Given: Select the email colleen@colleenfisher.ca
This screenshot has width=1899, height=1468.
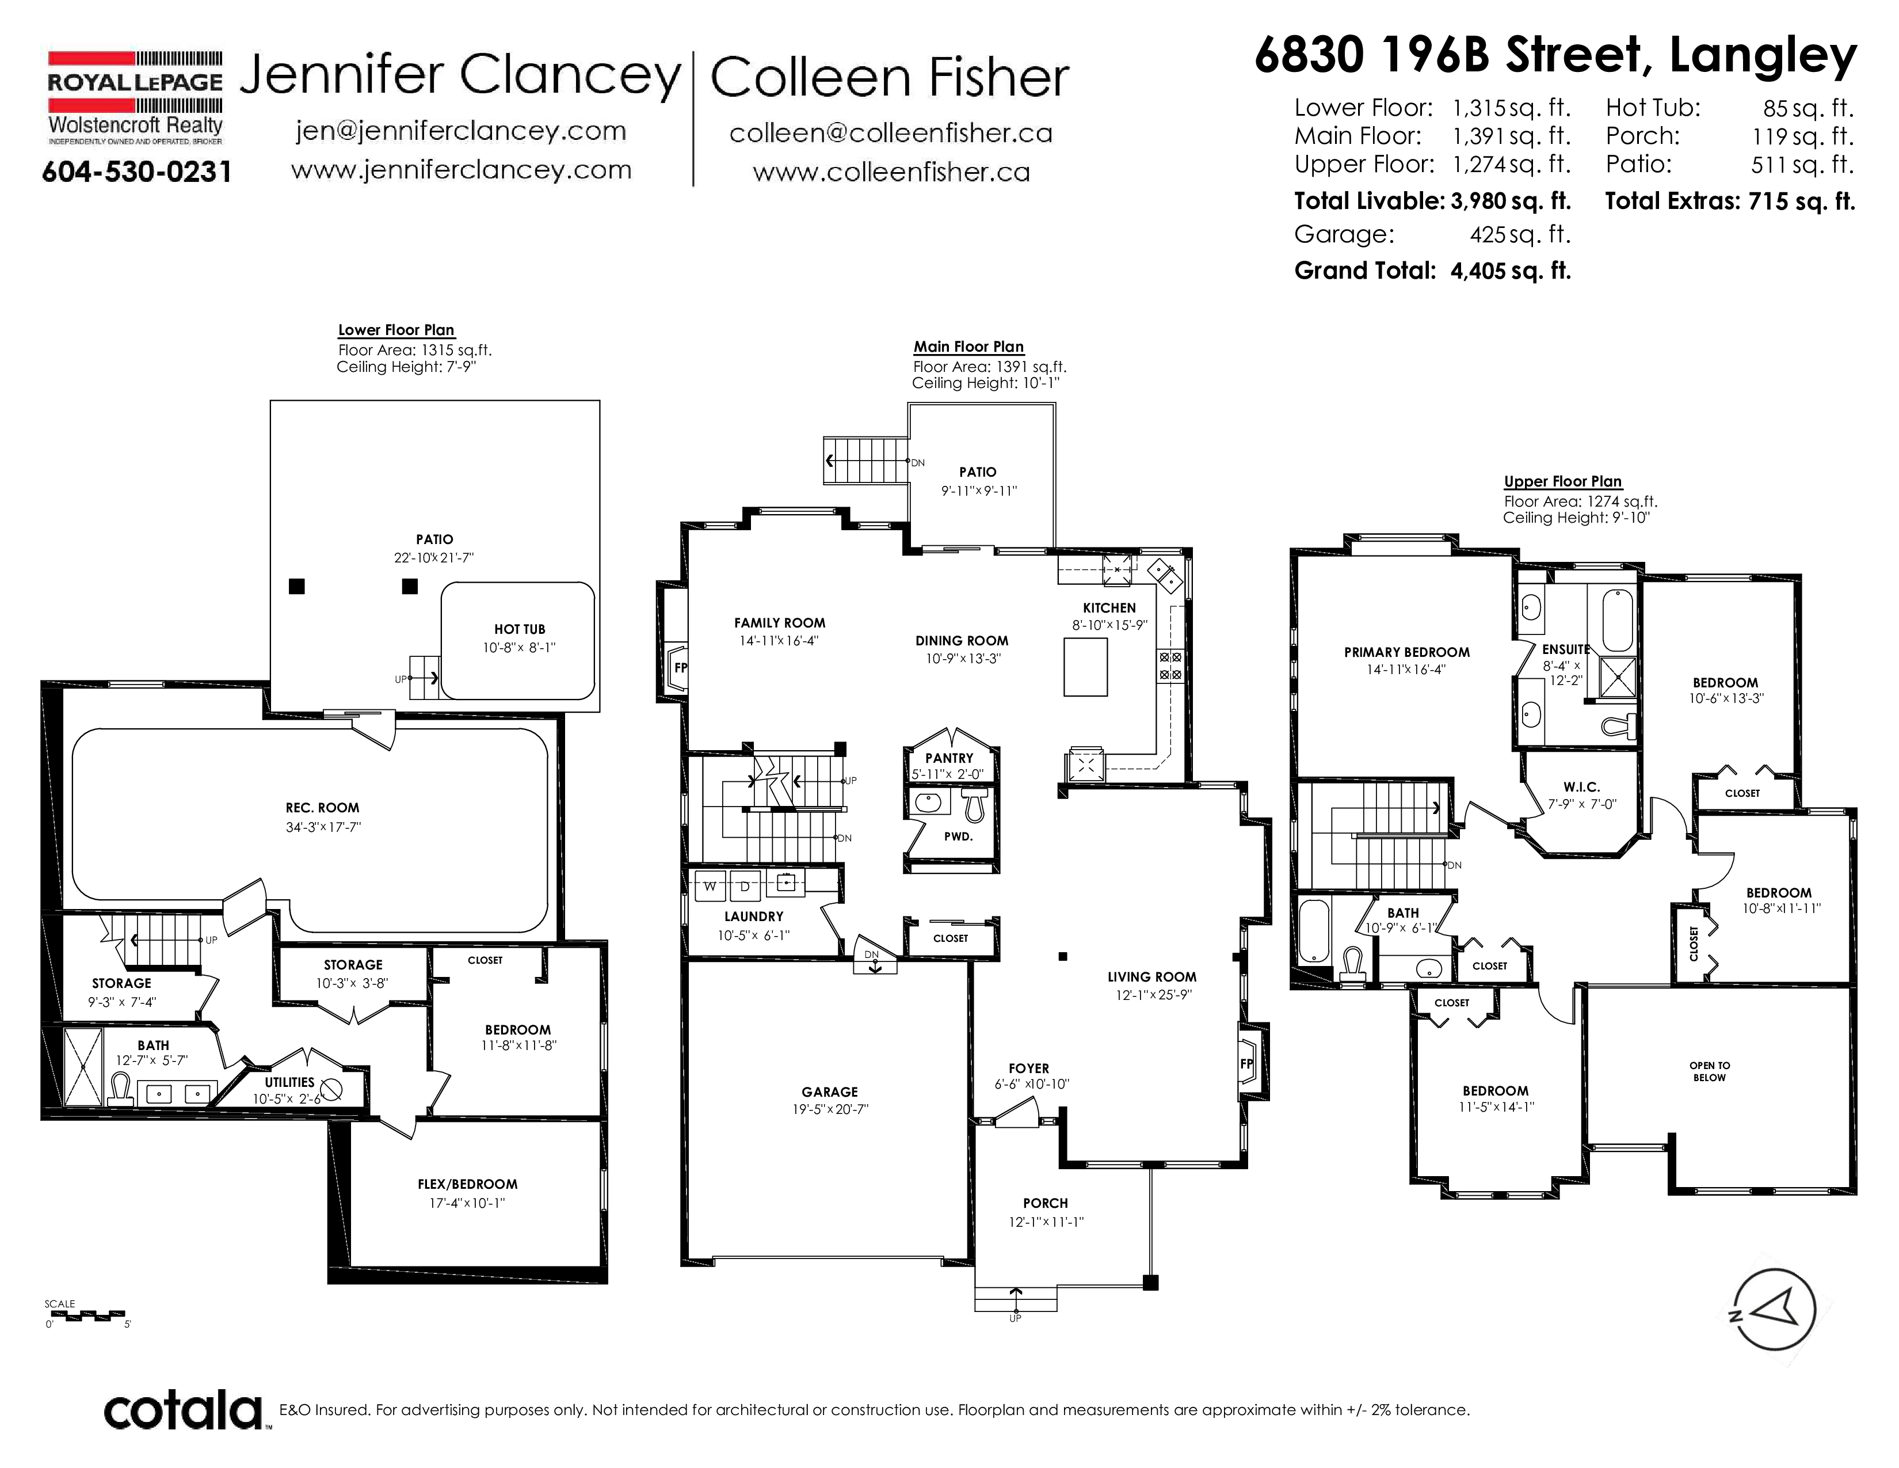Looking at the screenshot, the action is click(x=890, y=133).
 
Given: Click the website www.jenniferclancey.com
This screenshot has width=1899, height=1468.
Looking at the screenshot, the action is click(x=461, y=170).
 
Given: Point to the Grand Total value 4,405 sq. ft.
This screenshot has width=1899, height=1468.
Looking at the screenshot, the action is click(x=1511, y=271).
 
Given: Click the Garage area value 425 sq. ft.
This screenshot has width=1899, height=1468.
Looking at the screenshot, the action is click(x=1520, y=234).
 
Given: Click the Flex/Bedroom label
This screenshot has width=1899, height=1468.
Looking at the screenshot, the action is click(x=467, y=1184).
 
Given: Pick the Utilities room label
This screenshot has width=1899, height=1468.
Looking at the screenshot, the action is click(x=289, y=1082).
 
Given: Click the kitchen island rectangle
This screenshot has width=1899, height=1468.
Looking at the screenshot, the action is click(x=1085, y=667).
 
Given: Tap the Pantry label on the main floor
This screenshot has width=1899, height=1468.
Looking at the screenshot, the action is click(x=948, y=758).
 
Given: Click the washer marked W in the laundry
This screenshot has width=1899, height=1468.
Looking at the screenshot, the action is click(x=710, y=886).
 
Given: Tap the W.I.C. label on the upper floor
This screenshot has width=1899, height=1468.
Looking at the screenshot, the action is click(x=1581, y=786).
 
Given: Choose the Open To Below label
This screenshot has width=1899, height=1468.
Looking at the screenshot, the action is click(x=1710, y=1071).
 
